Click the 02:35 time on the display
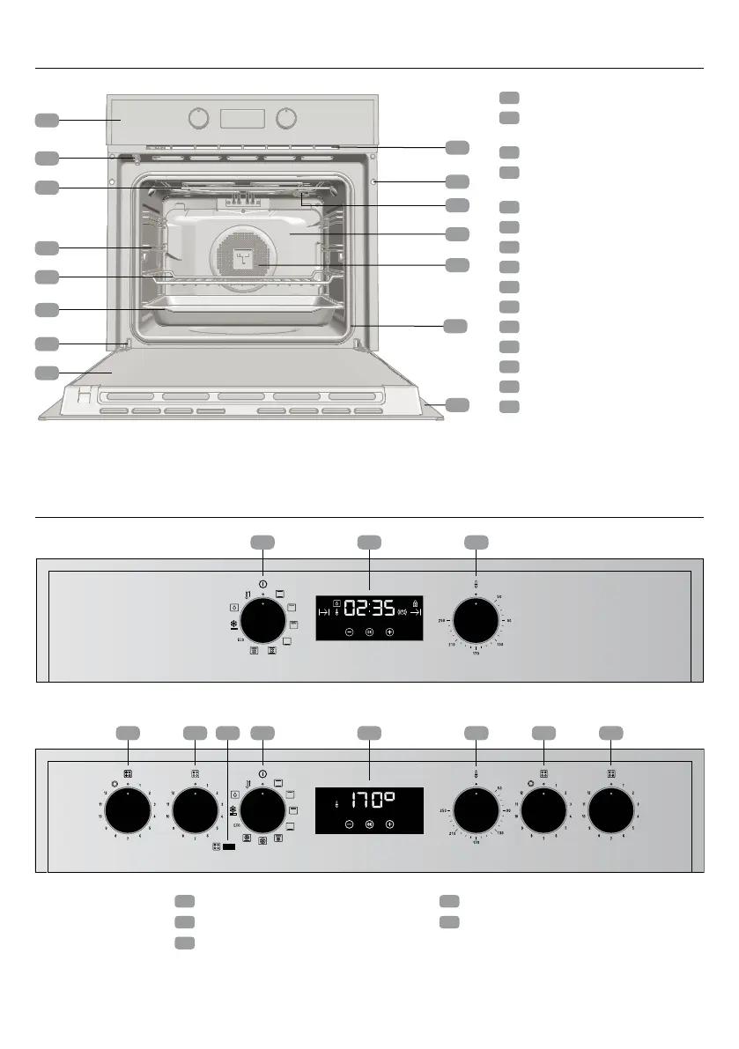pyautogui.click(x=369, y=608)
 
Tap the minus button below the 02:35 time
pyautogui.click(x=349, y=632)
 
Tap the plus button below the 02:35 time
pyautogui.click(x=390, y=632)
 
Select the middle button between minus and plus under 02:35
pyautogui.click(x=369, y=632)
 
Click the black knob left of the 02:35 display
pyautogui.click(x=262, y=622)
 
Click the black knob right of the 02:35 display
pyautogui.click(x=476, y=623)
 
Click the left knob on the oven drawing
pyautogui.click(x=199, y=118)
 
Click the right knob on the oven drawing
pyautogui.click(x=285, y=118)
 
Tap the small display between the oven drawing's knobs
pyautogui.click(x=242, y=117)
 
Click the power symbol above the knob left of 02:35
pyautogui.click(x=262, y=584)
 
